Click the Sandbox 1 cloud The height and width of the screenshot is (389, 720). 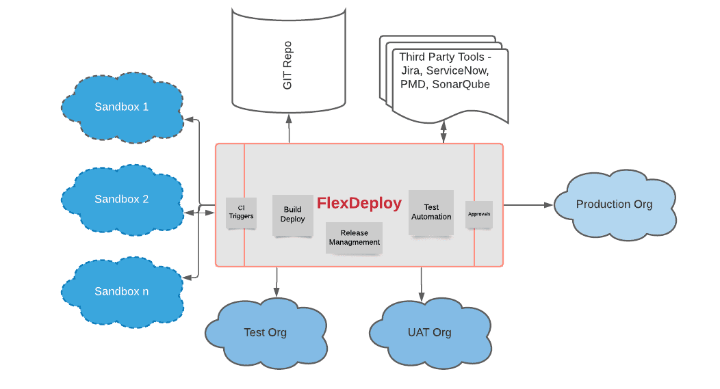122,107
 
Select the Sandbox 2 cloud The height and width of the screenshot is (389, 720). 122,200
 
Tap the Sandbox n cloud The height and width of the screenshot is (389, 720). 122,292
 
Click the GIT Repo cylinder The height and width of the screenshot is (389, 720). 288,59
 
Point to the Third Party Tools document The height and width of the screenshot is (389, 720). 444,79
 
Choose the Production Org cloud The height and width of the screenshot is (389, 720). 615,204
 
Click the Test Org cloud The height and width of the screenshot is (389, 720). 266,332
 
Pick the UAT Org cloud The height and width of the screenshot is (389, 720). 430,332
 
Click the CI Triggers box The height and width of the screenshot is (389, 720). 241,213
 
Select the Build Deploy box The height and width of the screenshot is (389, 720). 292,215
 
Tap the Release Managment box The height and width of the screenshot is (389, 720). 354,238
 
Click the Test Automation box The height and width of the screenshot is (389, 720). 431,213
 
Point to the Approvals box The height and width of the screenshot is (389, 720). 479,214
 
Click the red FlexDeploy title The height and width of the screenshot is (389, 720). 359,203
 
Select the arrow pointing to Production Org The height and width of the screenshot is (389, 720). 528,205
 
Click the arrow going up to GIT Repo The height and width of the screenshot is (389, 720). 289,129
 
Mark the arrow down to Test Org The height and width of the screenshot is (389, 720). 277,282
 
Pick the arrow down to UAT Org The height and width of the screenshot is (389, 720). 422,284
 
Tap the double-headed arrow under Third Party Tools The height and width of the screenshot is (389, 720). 443,132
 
